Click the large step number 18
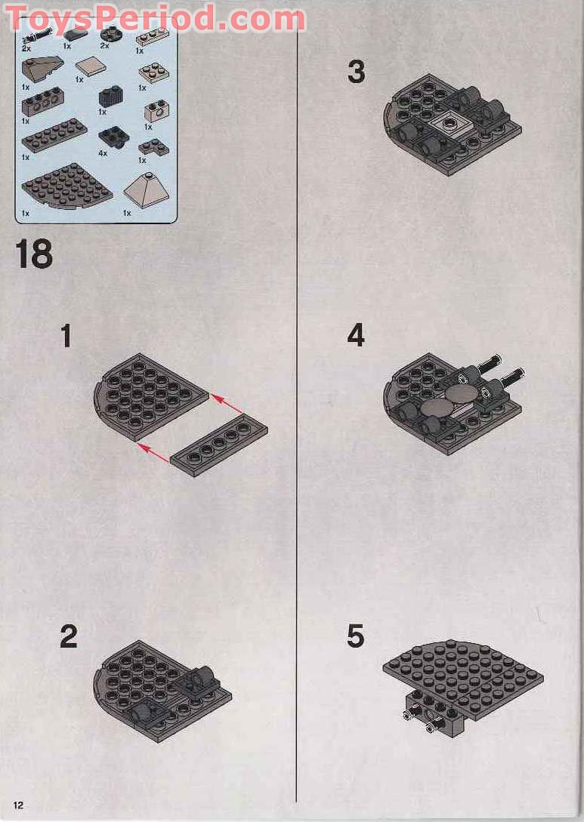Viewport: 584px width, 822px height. pyautogui.click(x=34, y=254)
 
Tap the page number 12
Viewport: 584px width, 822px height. pyautogui.click(x=18, y=805)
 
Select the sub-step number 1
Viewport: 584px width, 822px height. pyautogui.click(x=66, y=336)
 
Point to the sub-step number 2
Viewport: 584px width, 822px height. pyautogui.click(x=68, y=637)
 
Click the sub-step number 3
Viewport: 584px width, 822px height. pyautogui.click(x=356, y=72)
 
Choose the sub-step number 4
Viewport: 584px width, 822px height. pyautogui.click(x=356, y=336)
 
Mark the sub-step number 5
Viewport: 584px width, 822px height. pyautogui.click(x=356, y=637)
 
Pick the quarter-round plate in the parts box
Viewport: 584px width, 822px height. pyautogui.click(x=66, y=186)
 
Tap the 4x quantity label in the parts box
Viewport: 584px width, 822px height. pyautogui.click(x=103, y=153)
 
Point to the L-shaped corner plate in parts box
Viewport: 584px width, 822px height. pyautogui.click(x=153, y=146)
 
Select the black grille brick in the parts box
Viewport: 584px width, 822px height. pyautogui.click(x=110, y=97)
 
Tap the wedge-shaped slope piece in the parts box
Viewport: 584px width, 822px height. pyautogui.click(x=41, y=72)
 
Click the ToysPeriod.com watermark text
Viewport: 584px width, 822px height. pyautogui.click(x=155, y=18)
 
